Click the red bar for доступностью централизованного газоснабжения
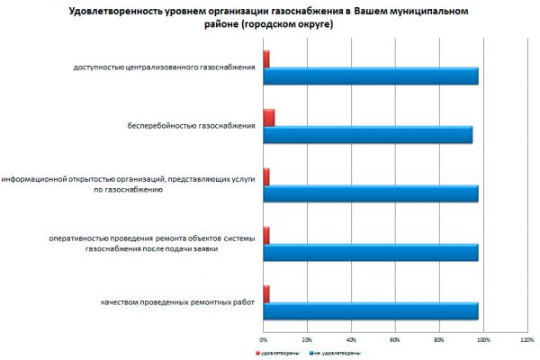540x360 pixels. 266,59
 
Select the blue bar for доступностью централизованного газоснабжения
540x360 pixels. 371,76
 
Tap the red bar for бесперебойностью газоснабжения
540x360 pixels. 269,118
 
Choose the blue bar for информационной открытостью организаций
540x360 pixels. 371,193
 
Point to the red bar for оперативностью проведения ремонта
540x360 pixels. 266,235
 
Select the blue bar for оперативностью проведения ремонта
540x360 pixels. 371,252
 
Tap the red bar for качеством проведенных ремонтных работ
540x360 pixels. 266,293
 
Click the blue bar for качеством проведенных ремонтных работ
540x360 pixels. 371,310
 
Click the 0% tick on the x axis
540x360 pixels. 263,339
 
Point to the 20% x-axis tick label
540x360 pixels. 307,339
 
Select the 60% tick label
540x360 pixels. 395,339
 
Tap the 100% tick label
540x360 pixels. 483,339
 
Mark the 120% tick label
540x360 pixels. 527,339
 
